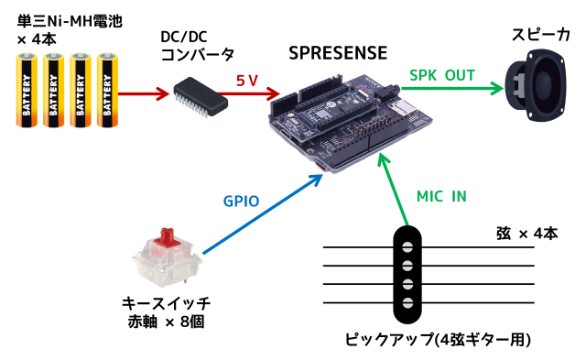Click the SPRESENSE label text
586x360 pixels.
coord(338,53)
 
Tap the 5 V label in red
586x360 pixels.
coord(247,81)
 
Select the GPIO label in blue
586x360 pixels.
coord(241,202)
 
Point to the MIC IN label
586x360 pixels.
coord(441,196)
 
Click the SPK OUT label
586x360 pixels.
coord(442,75)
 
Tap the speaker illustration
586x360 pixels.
coord(535,85)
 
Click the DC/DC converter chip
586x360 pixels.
coord(201,97)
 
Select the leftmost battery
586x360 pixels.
coord(27,90)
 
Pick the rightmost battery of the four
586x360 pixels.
coord(108,90)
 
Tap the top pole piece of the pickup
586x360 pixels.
coord(407,246)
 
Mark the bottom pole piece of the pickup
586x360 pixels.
coord(407,302)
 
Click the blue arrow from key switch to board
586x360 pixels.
coord(263,214)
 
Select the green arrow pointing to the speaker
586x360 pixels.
coord(452,89)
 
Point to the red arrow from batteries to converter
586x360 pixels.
coord(144,93)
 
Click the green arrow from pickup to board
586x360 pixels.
coord(393,190)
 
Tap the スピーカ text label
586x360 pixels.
coord(541,35)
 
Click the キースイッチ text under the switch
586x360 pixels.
coord(167,303)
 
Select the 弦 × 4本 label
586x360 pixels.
coord(527,234)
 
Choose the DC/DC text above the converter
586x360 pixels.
coord(184,37)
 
